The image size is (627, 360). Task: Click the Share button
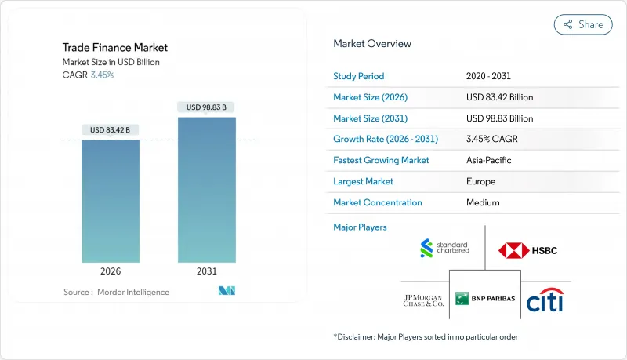pyautogui.click(x=583, y=24)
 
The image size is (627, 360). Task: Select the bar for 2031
pyautogui.click(x=207, y=190)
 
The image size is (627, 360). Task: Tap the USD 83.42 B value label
pyautogui.click(x=111, y=129)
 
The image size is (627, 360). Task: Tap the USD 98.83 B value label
pyautogui.click(x=207, y=107)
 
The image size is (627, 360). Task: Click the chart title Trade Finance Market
pyautogui.click(x=115, y=48)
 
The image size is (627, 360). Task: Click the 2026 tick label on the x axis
pyautogui.click(x=111, y=271)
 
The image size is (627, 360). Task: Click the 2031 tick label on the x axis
pyautogui.click(x=207, y=271)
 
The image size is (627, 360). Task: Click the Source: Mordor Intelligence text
pyautogui.click(x=116, y=292)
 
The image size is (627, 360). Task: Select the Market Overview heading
pyautogui.click(x=372, y=43)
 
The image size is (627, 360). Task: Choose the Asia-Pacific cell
pyautogui.click(x=491, y=160)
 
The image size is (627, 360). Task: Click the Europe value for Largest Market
pyautogui.click(x=480, y=181)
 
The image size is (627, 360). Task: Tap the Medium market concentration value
pyautogui.click(x=481, y=202)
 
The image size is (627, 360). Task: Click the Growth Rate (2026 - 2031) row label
pyautogui.click(x=386, y=139)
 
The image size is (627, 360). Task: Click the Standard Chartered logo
pyautogui.click(x=444, y=249)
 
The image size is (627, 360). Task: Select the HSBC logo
pyautogui.click(x=528, y=251)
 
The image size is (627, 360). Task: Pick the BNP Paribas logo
pyautogui.click(x=484, y=298)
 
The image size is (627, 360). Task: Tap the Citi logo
pyautogui.click(x=545, y=300)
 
